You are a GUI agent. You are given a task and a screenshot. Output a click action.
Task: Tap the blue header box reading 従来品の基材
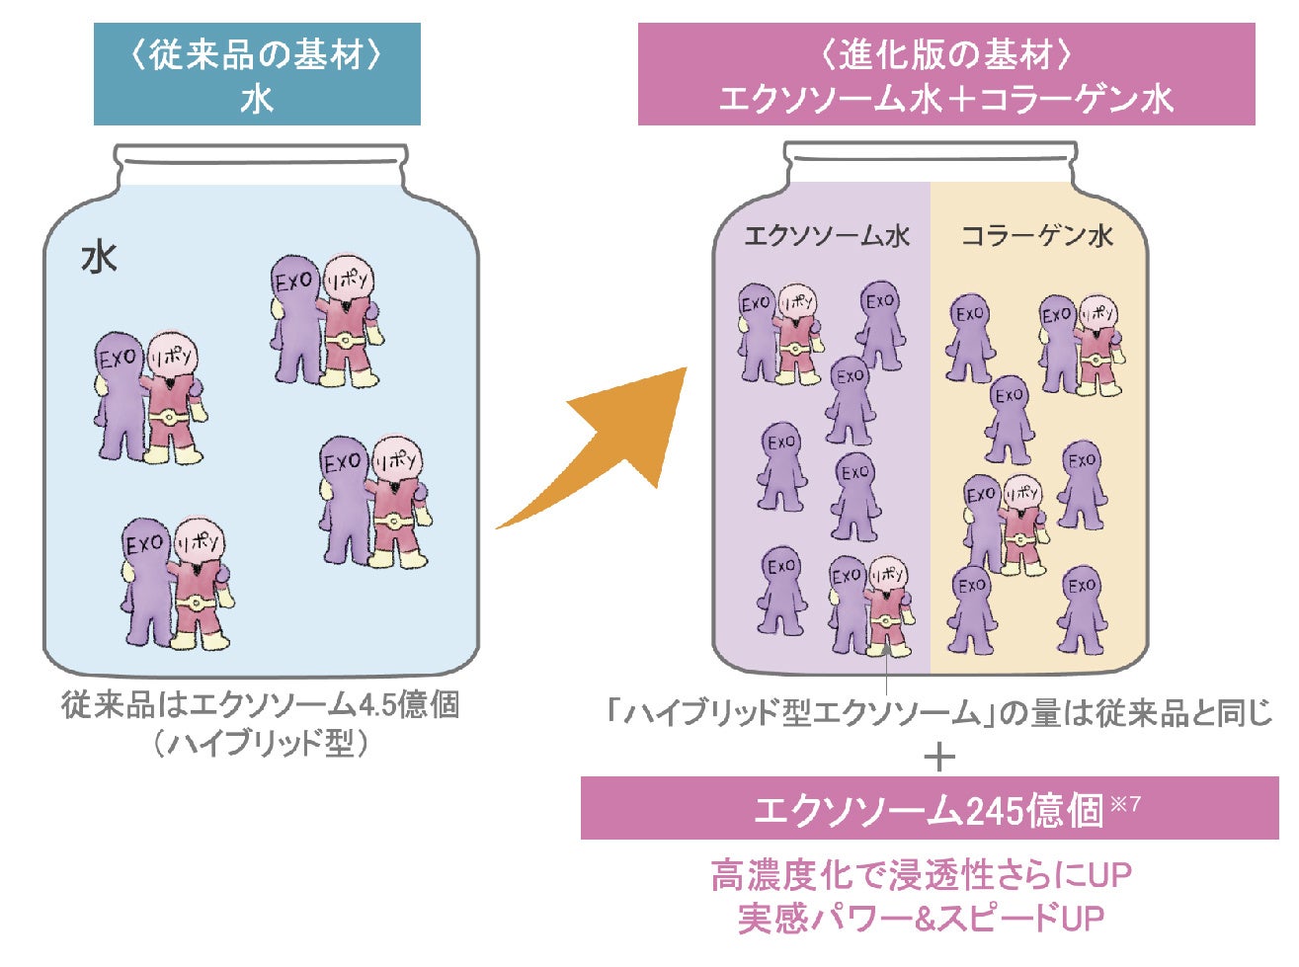[x=257, y=75]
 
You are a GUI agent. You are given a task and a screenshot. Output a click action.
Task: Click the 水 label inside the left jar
[x=99, y=259]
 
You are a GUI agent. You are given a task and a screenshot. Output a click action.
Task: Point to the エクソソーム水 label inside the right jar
[x=826, y=236]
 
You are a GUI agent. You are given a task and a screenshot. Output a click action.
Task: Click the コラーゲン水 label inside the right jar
[x=1037, y=236]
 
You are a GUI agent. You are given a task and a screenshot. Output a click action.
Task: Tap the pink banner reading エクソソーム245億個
[x=929, y=808]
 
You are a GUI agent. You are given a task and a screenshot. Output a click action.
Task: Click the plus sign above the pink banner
[x=939, y=758]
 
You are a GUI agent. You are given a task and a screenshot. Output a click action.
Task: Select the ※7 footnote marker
[x=1125, y=803]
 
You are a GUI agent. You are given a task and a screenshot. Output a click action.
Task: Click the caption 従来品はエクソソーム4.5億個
[x=260, y=706]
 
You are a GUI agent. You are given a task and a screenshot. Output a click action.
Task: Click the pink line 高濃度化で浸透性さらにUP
[x=921, y=875]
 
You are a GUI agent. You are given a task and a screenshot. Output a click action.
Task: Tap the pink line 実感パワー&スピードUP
[x=921, y=918]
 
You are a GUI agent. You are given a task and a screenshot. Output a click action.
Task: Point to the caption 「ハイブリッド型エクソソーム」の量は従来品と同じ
[x=939, y=712]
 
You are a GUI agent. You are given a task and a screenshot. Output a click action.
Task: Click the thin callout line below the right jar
[x=887, y=677]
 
